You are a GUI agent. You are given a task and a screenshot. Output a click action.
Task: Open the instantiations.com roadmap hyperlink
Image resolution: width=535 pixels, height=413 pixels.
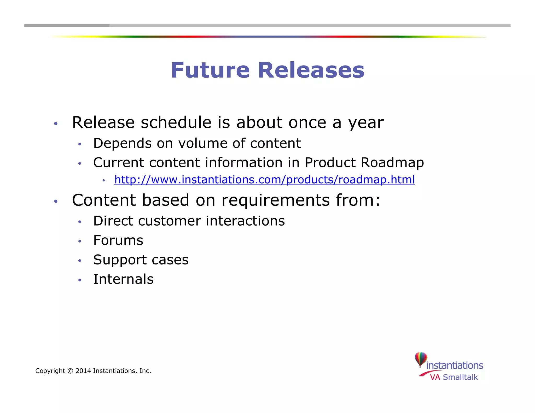[x=264, y=180]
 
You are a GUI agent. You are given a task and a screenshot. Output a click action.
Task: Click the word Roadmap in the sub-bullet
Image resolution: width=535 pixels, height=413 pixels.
[x=392, y=163]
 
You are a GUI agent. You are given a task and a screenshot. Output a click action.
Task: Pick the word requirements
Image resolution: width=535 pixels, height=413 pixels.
[x=276, y=200]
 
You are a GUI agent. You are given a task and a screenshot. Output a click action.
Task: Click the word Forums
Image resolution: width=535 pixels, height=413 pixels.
[x=118, y=240]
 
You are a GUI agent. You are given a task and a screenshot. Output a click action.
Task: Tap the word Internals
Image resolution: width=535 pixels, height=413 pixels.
[x=123, y=279]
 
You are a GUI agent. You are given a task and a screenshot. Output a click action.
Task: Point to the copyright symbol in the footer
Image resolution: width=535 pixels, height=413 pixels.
[x=70, y=371]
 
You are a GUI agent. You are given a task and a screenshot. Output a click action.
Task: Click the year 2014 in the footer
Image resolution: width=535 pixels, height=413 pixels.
[x=83, y=371]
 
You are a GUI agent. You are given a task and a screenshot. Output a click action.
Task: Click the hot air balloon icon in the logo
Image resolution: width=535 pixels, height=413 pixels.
[x=421, y=359]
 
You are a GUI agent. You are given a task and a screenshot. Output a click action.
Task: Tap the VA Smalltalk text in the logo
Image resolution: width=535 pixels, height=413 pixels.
[x=454, y=377]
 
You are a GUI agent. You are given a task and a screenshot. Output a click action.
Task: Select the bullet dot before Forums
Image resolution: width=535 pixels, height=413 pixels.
[x=80, y=241]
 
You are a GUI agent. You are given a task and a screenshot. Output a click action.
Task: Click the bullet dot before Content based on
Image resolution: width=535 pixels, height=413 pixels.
[x=55, y=201]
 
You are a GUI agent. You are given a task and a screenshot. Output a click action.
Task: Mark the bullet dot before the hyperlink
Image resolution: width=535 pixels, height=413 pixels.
[x=104, y=180]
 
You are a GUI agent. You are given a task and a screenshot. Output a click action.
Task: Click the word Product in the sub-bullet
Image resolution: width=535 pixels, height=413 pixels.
[x=330, y=163]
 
